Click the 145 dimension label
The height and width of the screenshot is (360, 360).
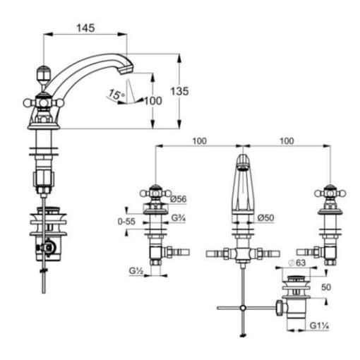coord(85,28)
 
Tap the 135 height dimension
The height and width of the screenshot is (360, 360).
coord(179,91)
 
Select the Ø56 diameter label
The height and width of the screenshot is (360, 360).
coord(178,199)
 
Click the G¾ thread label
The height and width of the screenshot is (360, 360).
coord(179,218)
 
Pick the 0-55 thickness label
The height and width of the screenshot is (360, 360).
coord(126,222)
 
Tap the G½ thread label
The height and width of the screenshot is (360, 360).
coord(136,271)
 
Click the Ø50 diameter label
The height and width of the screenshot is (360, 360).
coord(265,217)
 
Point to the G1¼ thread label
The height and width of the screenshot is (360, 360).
coord(319,326)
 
